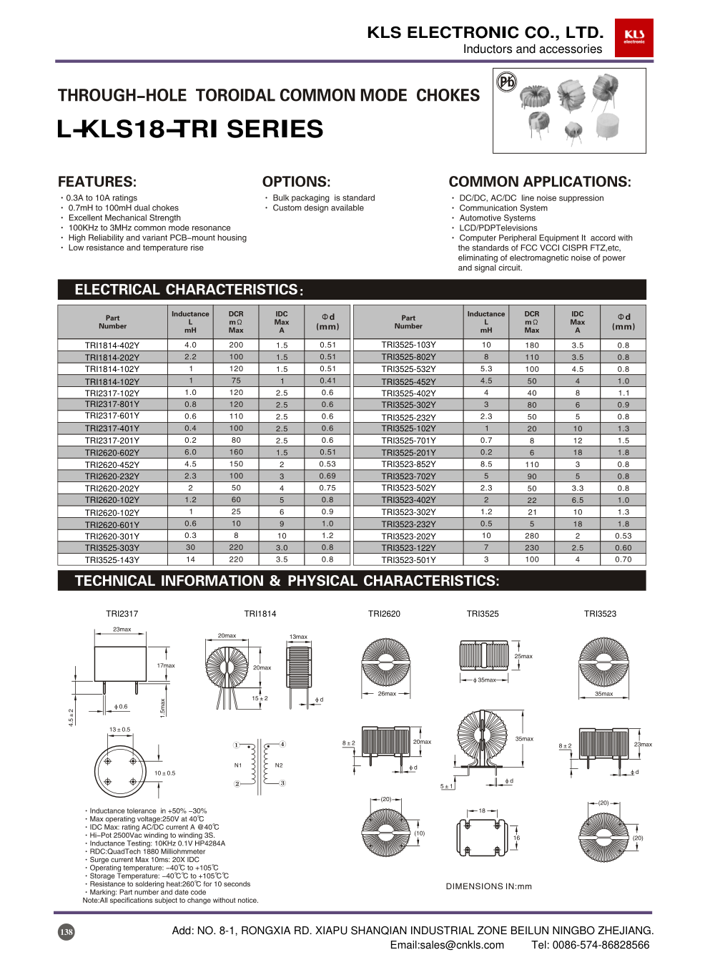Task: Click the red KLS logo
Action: click(x=633, y=37)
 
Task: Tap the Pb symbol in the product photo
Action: click(x=506, y=82)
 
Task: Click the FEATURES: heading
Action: click(x=97, y=182)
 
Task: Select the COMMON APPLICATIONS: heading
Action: click(x=540, y=182)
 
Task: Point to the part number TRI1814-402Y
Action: click(x=112, y=346)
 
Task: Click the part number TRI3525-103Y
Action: click(x=408, y=345)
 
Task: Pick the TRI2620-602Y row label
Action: click(x=112, y=453)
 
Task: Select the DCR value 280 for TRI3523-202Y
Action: click(x=532, y=536)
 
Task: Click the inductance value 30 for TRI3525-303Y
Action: click(x=190, y=548)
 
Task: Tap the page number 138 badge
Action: click(x=66, y=931)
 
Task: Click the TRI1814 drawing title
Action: click(x=260, y=614)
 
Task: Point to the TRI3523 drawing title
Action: click(x=600, y=614)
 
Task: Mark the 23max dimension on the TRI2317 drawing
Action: click(x=122, y=629)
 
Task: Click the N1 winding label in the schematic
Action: click(x=238, y=765)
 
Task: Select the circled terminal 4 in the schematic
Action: click(x=282, y=745)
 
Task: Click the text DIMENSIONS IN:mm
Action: click(x=489, y=886)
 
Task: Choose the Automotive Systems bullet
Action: click(x=497, y=218)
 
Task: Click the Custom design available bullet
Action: click(x=318, y=208)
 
